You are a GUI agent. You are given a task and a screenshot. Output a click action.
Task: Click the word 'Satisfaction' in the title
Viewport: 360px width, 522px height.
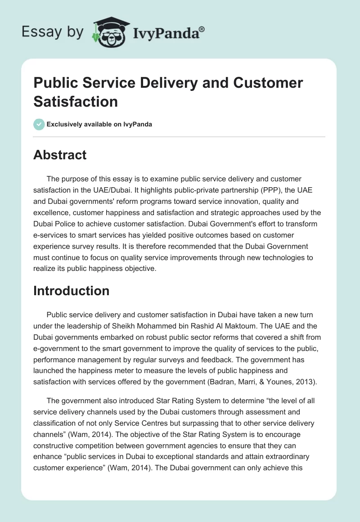click(x=76, y=101)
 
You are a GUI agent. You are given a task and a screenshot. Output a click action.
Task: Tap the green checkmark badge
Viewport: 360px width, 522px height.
click(x=39, y=124)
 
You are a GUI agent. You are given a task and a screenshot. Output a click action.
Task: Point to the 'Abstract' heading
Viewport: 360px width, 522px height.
click(x=60, y=155)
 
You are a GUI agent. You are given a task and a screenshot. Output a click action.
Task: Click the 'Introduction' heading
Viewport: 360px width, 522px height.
click(x=71, y=291)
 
